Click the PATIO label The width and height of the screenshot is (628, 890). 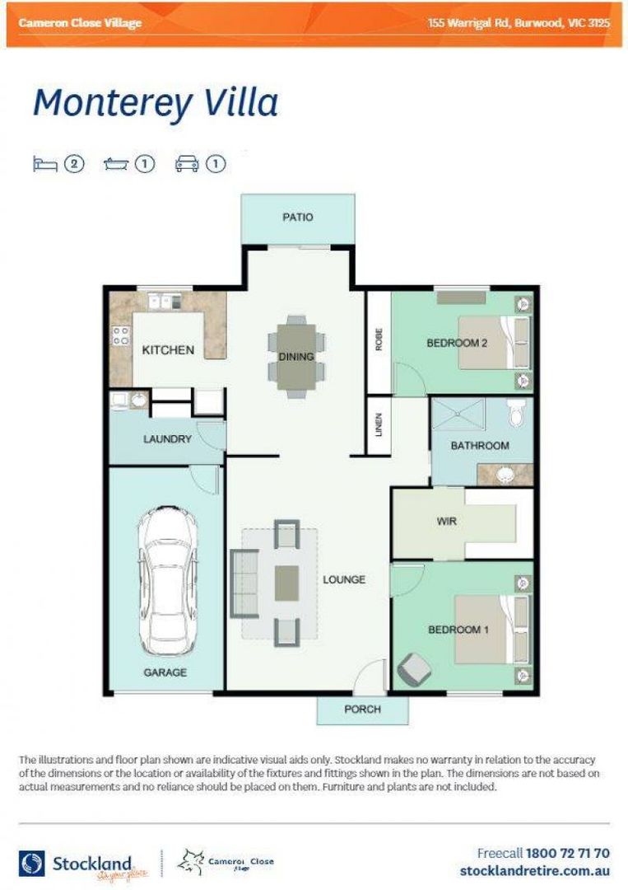[298, 218]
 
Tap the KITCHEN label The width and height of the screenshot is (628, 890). [168, 350]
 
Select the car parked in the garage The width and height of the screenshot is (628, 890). [167, 581]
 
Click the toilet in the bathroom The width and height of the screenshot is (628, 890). [516, 412]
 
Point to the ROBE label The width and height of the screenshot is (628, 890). [379, 341]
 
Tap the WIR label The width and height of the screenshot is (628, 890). [447, 522]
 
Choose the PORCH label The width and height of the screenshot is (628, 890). [362, 710]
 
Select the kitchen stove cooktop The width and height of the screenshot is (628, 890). [121, 335]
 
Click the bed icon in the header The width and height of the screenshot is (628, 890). [44, 164]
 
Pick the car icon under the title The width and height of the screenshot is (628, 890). [187, 164]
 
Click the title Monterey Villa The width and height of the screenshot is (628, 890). [156, 104]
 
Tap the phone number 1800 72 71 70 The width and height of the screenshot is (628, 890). [567, 854]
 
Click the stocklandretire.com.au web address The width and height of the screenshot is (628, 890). [534, 871]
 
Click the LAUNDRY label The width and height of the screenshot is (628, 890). [167, 439]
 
